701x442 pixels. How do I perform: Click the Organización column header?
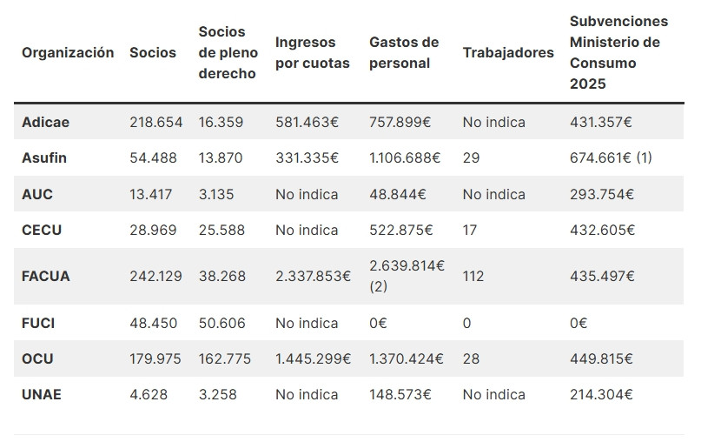point(68,52)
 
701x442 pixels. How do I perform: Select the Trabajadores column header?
point(507,52)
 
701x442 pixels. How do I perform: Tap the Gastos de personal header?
point(404,52)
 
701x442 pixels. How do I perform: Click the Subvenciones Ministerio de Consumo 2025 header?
point(618,52)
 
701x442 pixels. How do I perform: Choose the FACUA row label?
point(45,276)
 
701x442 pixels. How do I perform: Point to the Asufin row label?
point(44,157)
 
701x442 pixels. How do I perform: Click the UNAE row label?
point(42,394)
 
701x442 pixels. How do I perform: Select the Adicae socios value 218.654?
point(155,122)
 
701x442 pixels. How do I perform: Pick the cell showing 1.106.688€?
point(405,157)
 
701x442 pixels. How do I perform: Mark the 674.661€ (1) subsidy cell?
point(611,157)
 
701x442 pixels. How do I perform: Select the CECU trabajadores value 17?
point(470,230)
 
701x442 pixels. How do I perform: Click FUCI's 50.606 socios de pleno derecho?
point(222,323)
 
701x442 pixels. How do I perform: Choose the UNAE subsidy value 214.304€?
point(601,394)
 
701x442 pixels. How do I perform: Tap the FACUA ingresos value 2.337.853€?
point(313,276)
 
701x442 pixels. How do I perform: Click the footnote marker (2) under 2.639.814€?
point(379,285)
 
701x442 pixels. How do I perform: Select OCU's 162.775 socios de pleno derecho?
point(225,358)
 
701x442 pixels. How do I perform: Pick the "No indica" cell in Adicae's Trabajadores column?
point(493,122)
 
